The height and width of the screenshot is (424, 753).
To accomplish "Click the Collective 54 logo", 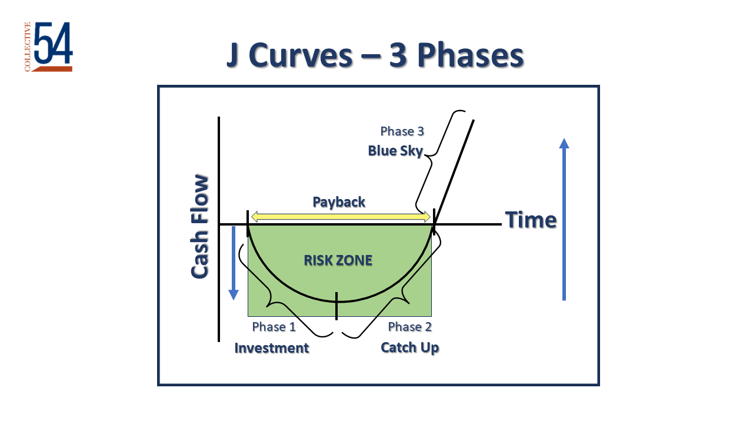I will pos(49,47).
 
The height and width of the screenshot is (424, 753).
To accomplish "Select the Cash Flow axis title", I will pos(200,227).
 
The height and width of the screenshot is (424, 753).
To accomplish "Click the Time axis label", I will pos(531,220).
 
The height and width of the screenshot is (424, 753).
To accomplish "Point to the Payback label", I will pos(339,202).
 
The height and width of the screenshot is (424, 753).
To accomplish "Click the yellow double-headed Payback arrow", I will pos(339,217).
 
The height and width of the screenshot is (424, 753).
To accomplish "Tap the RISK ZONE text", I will pos(338,260).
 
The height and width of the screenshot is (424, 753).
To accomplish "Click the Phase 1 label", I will pos(274,327).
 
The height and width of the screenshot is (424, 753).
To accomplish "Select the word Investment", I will pos(272,348).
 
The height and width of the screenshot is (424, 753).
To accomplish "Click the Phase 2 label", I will pos(410,327).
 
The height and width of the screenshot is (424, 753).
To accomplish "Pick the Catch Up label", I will pos(410,348).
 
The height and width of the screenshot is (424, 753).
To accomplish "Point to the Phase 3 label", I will pos(402,131).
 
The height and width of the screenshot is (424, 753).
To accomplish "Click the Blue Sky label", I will pos(395,151).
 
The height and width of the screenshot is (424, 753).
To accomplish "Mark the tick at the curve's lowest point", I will pos(336,306).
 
